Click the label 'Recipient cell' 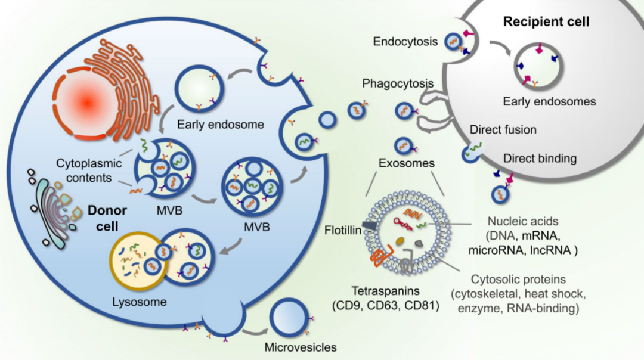[x=546, y=23]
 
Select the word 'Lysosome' [x=139, y=302]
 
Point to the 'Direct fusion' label [x=503, y=129]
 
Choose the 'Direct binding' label [x=540, y=159]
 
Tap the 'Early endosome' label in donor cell [x=212, y=125]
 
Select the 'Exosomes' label [x=407, y=162]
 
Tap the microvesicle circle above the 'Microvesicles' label [x=290, y=318]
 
